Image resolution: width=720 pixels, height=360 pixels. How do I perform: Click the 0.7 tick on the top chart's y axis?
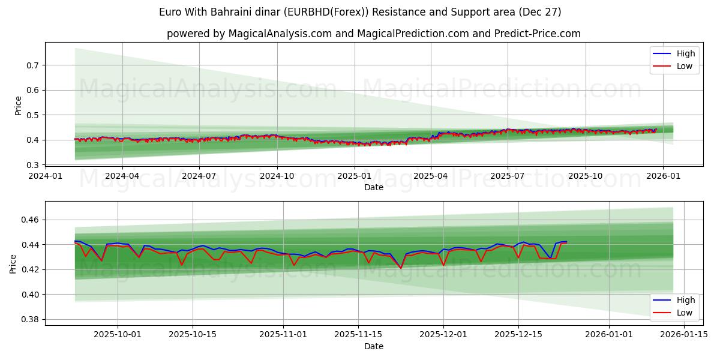click(x=34, y=65)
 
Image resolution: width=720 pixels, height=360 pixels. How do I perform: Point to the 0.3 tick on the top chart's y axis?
click(x=34, y=165)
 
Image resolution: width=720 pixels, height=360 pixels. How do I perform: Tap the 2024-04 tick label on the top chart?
click(x=122, y=176)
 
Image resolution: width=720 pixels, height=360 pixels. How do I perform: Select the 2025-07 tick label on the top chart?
click(x=508, y=176)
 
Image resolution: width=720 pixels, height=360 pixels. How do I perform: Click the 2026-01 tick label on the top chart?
click(x=662, y=176)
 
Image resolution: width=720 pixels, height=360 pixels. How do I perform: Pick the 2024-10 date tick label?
click(x=277, y=176)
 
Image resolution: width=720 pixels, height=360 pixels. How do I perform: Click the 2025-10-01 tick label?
click(x=118, y=335)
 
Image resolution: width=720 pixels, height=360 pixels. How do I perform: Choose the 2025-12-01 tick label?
click(x=443, y=335)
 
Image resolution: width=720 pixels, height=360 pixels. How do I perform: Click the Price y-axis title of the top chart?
click(x=18, y=106)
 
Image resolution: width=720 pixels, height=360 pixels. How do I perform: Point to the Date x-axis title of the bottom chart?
click(x=374, y=346)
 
